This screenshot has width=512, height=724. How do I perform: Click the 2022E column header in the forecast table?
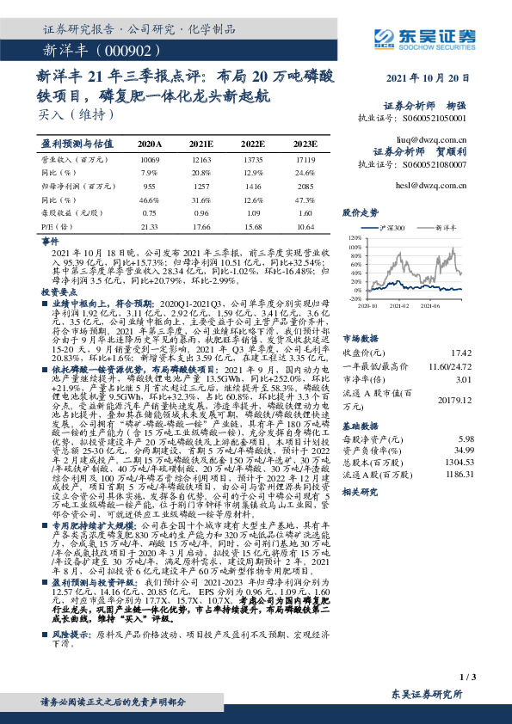[x=252, y=144]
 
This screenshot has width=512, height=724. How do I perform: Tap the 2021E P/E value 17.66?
[x=200, y=227]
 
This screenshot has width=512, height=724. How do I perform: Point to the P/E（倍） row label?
[x=54, y=227]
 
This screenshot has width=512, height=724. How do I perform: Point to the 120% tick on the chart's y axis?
[x=353, y=236]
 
